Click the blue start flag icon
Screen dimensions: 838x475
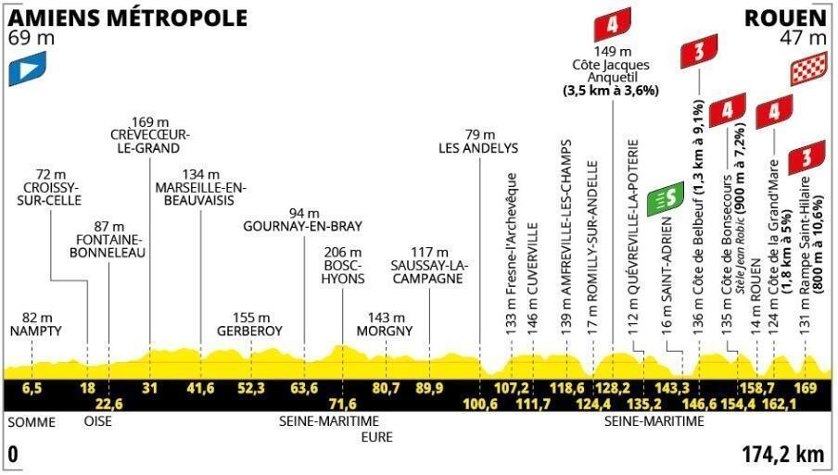pyautogui.click(x=27, y=69)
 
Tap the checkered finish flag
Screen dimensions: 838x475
pyautogui.click(x=809, y=69)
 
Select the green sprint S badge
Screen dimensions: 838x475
pyautogui.click(x=666, y=199)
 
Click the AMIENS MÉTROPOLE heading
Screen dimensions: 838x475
pyautogui.click(x=128, y=19)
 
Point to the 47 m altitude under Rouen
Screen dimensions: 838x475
pyautogui.click(x=804, y=39)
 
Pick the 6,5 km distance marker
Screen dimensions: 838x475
pyautogui.click(x=32, y=388)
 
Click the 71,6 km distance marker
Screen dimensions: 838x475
pyautogui.click(x=343, y=404)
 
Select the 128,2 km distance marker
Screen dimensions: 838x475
pyautogui.click(x=613, y=388)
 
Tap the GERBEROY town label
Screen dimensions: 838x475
pyautogui.click(x=249, y=331)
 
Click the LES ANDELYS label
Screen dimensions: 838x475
pyautogui.click(x=478, y=148)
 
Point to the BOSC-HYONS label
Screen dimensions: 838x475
pyautogui.click(x=343, y=271)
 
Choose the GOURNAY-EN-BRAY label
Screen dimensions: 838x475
pyautogui.click(x=302, y=226)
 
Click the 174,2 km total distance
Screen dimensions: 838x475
pyautogui.click(x=783, y=455)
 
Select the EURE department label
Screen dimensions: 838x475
pyautogui.click(x=376, y=438)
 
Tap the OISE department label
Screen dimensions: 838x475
pyautogui.click(x=98, y=421)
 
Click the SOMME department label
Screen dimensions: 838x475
pyautogui.click(x=32, y=422)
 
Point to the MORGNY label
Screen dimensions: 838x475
pyautogui.click(x=385, y=331)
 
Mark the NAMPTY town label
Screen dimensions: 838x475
pyautogui.click(x=36, y=331)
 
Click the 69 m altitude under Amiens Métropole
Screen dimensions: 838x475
pyautogui.click(x=31, y=39)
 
